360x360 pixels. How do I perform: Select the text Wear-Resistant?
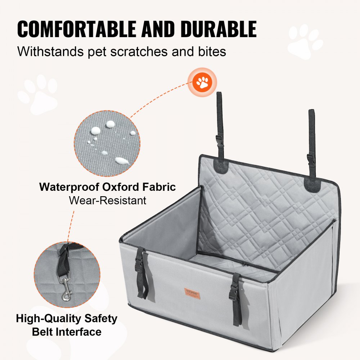[x=108, y=200]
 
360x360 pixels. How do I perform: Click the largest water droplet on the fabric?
[x=121, y=161]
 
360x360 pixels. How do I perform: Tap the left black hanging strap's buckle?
[x=219, y=140]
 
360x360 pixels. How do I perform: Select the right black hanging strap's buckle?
[x=311, y=158]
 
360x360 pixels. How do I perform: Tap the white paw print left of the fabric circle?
[x=39, y=94]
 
